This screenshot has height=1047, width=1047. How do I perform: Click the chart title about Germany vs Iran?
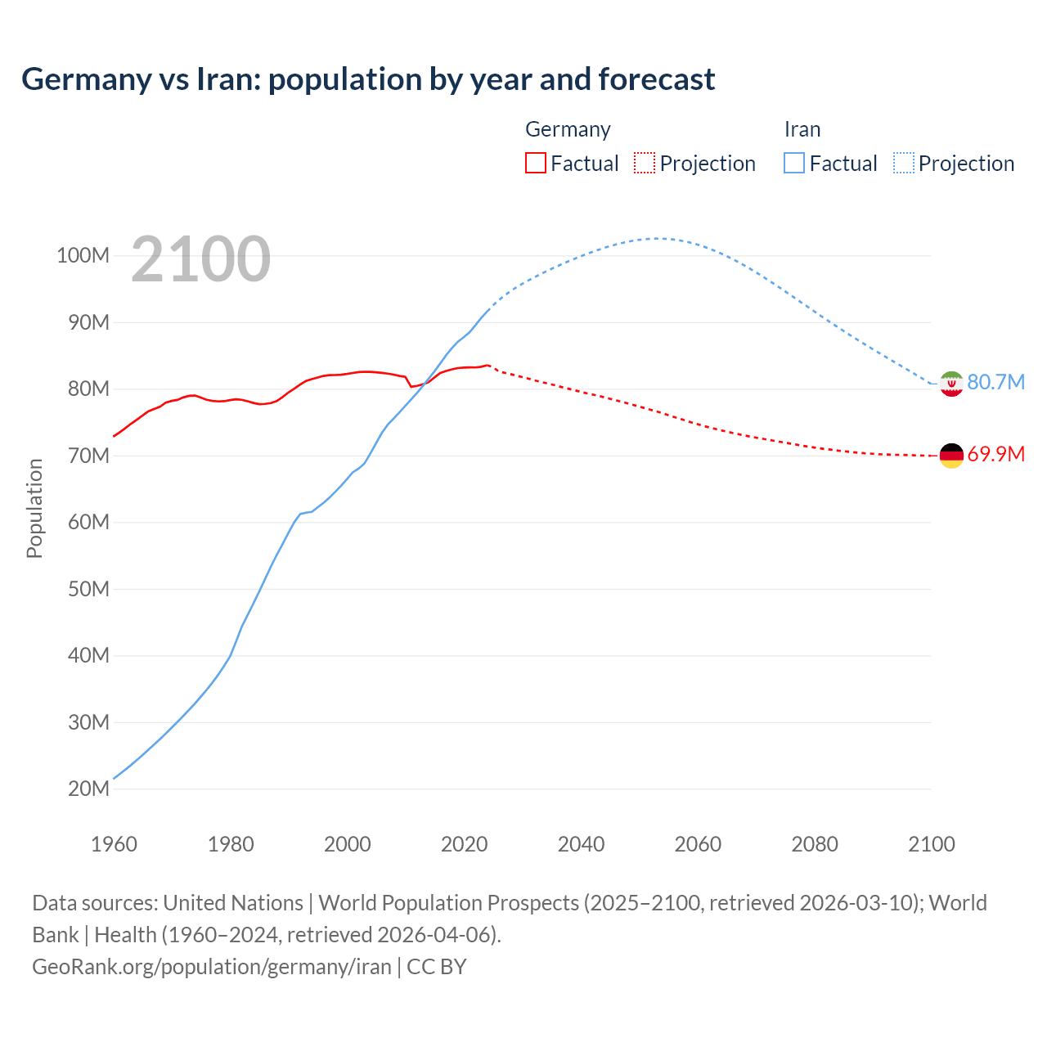pos(368,79)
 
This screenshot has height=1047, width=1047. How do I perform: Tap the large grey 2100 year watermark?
pos(200,259)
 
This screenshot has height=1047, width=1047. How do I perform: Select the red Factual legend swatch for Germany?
pos(535,163)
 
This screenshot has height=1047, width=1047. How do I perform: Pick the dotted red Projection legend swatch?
pos(645,163)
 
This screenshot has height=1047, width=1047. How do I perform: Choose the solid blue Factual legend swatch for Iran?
pos(793,163)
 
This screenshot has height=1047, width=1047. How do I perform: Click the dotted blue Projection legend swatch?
pos(903,163)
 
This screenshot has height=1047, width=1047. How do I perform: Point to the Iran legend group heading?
pos(802,129)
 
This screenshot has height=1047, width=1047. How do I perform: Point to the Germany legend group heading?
pos(568,129)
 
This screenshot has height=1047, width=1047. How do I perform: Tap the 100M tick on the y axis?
pos(83,256)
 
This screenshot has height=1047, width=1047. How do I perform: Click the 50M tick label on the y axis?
pos(88,589)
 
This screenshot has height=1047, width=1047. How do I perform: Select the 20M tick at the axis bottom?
pos(88,789)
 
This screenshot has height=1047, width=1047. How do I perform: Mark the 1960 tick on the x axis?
pos(114,844)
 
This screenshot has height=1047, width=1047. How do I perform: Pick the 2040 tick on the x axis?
pos(581,844)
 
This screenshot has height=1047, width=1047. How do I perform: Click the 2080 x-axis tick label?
pos(815,844)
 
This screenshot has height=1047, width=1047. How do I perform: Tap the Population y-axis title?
pos(34,508)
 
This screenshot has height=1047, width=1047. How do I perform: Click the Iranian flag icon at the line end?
pos(951,383)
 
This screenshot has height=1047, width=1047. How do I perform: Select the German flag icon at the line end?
pos(951,456)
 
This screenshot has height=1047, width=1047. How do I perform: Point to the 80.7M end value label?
pos(995,382)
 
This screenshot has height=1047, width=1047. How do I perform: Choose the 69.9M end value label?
pos(995,454)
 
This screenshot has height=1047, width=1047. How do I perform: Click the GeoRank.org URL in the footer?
pos(212,967)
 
